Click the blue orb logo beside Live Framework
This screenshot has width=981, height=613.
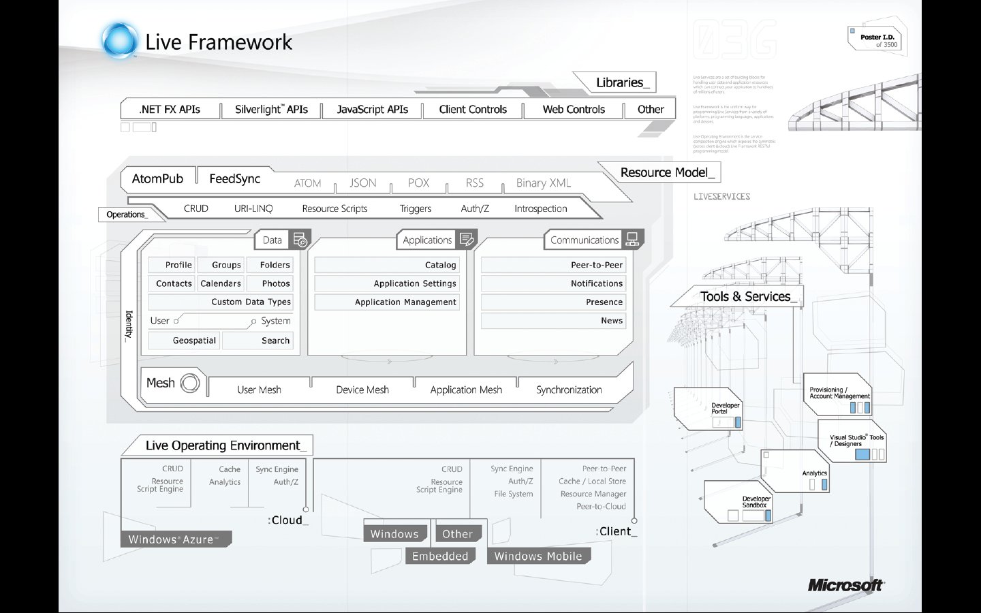pos(119,40)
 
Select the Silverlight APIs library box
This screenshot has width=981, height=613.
pos(271,110)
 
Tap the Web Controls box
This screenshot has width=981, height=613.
pos(574,110)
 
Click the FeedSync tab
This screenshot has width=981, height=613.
pos(234,178)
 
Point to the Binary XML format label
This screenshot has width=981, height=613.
pos(543,183)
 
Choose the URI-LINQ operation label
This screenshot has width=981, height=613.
pos(253,208)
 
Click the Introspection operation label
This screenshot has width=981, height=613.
pos(540,208)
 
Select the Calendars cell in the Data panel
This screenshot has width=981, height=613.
pos(221,283)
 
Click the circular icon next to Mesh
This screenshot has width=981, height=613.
pos(190,383)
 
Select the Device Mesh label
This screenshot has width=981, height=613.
pos(362,390)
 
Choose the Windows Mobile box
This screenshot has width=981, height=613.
pos(538,556)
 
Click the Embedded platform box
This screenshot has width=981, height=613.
pos(440,556)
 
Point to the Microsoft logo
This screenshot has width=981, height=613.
pos(845,585)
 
